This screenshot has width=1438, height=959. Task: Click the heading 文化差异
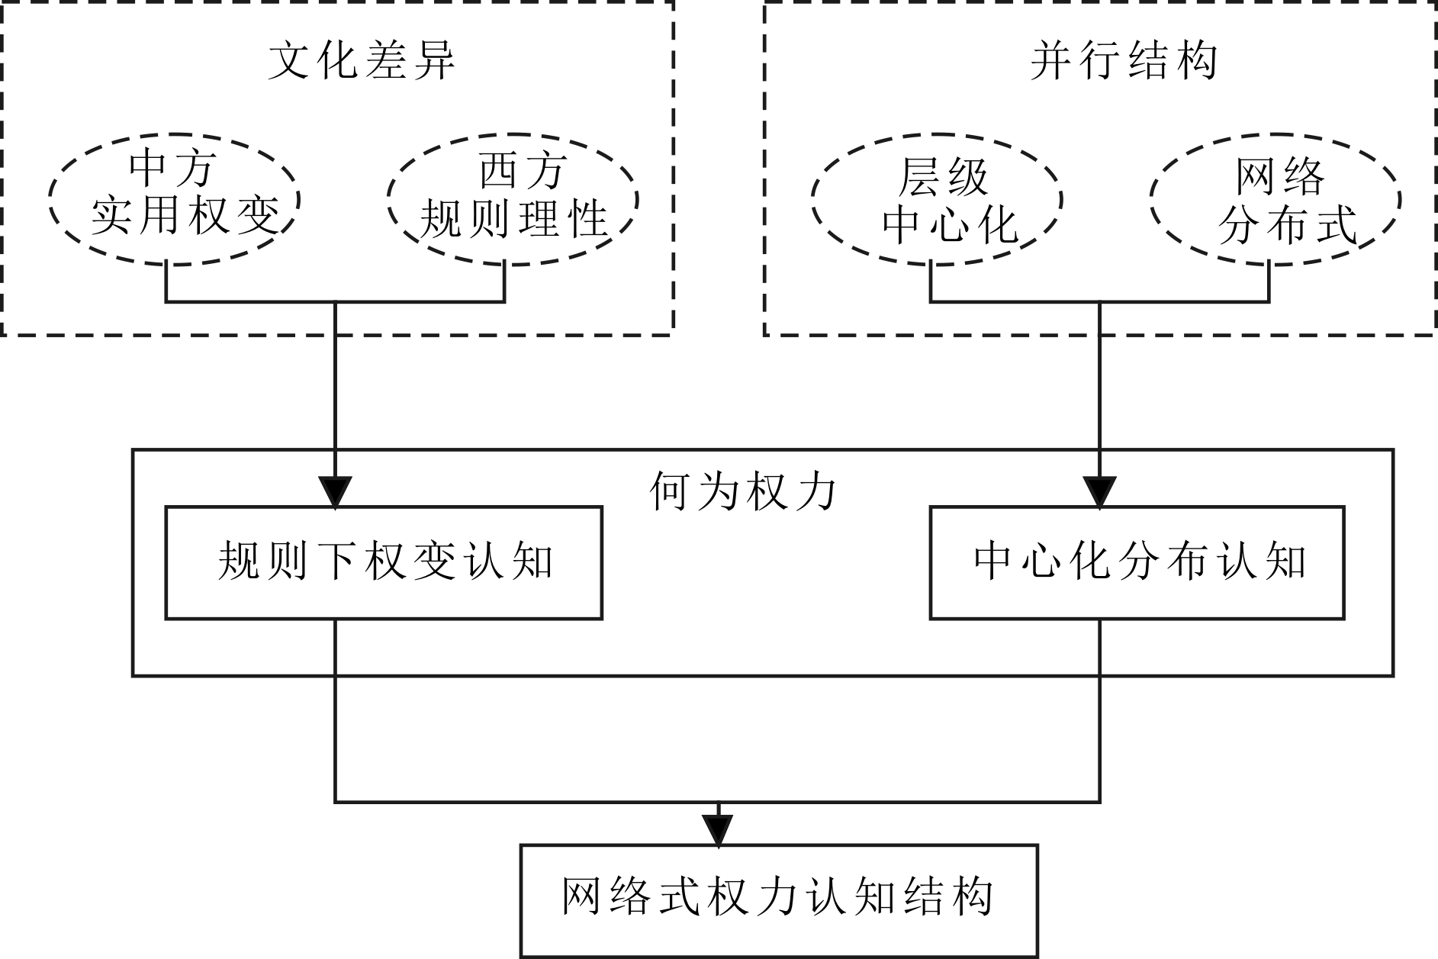click(362, 60)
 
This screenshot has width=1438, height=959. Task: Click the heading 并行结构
click(1124, 60)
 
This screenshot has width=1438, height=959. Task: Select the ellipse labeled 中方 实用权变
click(174, 199)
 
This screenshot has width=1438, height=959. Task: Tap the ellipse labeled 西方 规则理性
click(513, 199)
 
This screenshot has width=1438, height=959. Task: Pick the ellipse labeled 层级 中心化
click(937, 199)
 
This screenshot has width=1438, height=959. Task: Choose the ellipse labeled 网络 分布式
click(1275, 199)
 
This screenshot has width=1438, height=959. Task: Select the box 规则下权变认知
click(384, 562)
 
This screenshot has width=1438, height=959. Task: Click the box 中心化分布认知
click(1137, 562)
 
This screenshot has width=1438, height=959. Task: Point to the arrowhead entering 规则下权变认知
click(336, 492)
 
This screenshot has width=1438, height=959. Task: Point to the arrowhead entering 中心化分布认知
click(1099, 492)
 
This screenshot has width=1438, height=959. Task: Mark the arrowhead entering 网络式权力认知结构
click(718, 831)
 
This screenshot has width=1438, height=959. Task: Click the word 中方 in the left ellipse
click(172, 169)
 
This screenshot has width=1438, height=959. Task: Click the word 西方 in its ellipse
click(522, 169)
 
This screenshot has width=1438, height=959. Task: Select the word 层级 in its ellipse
click(944, 177)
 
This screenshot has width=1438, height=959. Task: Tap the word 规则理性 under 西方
click(513, 219)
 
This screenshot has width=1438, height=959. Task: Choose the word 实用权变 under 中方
click(185, 214)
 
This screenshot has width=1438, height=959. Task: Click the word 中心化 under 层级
click(950, 225)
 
